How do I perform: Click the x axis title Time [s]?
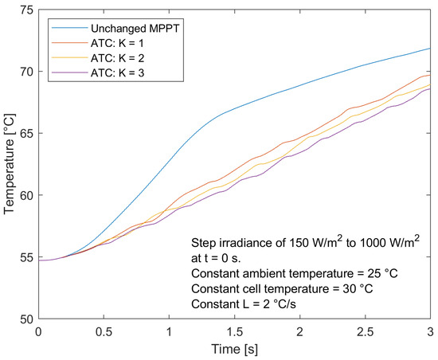[x=234, y=348]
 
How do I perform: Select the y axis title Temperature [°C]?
[x=9, y=163]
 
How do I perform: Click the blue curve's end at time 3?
[x=430, y=49]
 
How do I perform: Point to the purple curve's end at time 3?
[x=430, y=88]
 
